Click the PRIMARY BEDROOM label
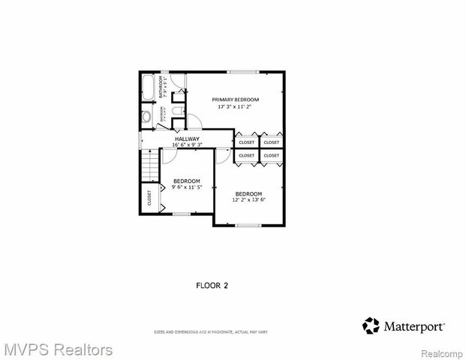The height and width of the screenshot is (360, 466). point(235,100)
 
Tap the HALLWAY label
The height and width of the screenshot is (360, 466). point(187,139)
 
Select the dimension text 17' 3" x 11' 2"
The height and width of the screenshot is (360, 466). point(235,106)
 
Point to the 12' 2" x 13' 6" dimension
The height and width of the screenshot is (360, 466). point(248,200)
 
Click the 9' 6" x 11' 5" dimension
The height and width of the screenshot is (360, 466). point(187,187)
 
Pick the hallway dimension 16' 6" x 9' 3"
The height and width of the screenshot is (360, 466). point(187,145)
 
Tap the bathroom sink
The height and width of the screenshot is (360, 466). point(146,116)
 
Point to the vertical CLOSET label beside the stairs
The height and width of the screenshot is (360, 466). point(149,197)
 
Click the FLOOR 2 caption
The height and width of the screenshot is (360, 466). point(212,285)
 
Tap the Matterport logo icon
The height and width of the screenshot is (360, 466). point(371,325)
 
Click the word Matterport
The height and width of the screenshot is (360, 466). point(414,326)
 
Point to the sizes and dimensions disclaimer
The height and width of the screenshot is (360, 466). point(210,331)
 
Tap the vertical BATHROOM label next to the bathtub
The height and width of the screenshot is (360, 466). point(160,88)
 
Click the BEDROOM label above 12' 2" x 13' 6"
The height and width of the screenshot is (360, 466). point(248,193)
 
